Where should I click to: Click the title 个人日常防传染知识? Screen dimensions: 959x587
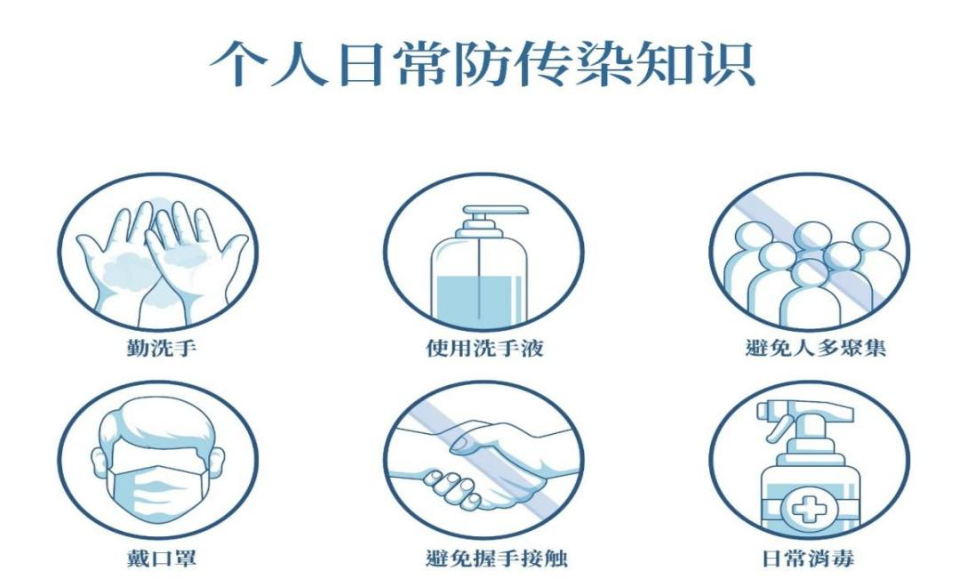click(x=483, y=64)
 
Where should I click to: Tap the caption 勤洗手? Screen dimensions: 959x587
click(x=162, y=349)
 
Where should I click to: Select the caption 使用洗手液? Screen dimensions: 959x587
click(x=484, y=349)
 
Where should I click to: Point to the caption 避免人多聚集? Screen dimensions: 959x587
click(x=816, y=349)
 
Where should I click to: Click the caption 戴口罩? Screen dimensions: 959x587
click(x=162, y=559)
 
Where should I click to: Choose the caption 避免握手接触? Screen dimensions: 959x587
click(x=497, y=559)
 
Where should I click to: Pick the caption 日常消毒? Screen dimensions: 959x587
click(x=808, y=559)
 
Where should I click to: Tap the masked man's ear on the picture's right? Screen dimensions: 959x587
click(x=219, y=461)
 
